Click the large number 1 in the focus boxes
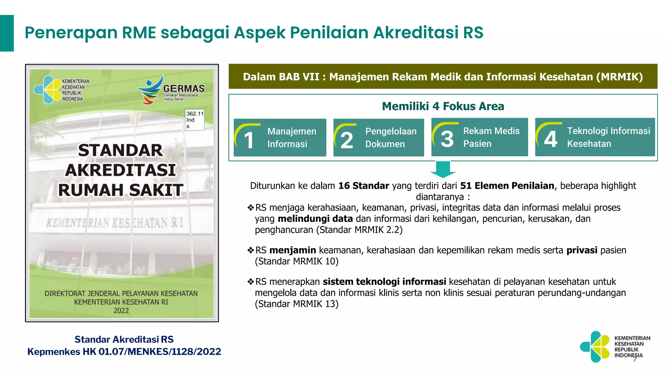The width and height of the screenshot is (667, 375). click(x=249, y=140)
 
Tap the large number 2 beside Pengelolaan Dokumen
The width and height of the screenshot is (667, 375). click(x=347, y=140)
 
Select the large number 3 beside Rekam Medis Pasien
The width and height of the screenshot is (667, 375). click(x=447, y=139)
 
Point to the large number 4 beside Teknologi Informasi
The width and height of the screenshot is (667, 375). click(x=551, y=139)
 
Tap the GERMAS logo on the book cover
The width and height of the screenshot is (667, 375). click(x=171, y=90)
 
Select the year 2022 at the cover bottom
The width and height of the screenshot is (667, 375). click(x=121, y=311)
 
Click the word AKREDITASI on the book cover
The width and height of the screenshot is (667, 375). click(x=121, y=170)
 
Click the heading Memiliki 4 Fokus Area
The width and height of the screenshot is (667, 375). click(x=443, y=106)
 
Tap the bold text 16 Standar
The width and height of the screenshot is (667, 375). click(x=364, y=186)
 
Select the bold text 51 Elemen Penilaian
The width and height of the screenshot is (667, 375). click(x=507, y=186)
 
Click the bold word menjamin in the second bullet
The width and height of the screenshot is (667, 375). click(x=293, y=250)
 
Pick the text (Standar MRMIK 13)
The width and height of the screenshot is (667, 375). click(x=297, y=304)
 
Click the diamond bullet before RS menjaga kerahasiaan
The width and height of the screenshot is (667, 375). click(x=250, y=208)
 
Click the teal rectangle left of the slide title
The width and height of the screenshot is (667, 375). click(x=7, y=33)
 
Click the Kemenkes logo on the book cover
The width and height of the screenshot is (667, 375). click(x=49, y=90)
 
